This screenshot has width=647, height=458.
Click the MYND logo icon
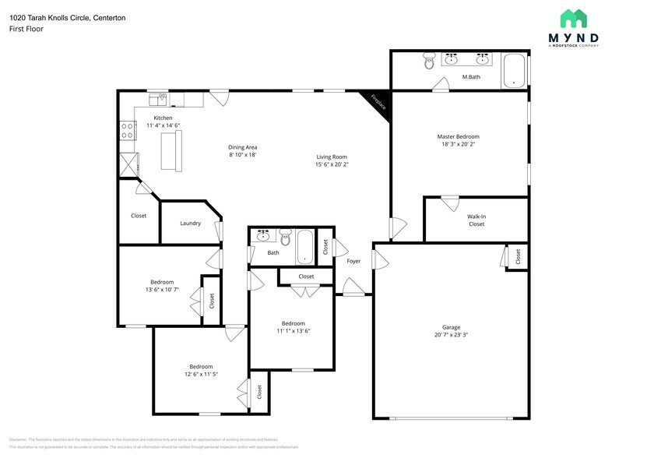coord(574,19)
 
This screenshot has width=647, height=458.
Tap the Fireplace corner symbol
coord(379,102)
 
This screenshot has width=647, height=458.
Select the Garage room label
coord(452,327)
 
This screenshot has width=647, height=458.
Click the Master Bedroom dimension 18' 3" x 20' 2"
coord(458,143)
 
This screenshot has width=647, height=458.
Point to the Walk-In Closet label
coord(476,220)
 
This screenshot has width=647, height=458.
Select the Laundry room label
coord(190,224)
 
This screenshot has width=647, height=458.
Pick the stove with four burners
coord(127,130)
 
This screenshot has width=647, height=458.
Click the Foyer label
coord(353,261)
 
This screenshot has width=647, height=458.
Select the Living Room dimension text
coord(332,164)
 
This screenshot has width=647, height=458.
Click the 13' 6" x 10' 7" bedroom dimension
coord(162,290)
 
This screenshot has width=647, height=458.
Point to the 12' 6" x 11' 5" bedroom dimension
coord(200,374)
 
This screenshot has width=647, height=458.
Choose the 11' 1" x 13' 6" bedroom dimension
coord(293,330)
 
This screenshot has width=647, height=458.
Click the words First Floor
coord(26,29)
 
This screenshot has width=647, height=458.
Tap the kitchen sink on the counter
coord(161,98)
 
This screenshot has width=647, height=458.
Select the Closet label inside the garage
coord(518,255)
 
